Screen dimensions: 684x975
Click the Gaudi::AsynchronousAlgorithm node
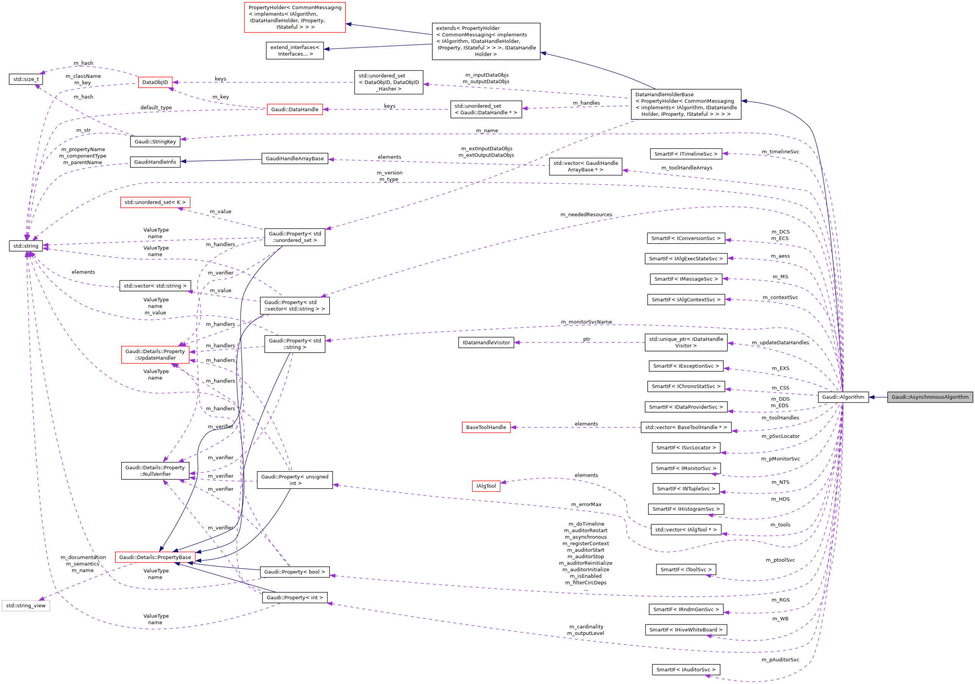[930, 397]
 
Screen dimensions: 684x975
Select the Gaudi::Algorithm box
[843, 397]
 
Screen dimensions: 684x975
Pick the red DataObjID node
[155, 82]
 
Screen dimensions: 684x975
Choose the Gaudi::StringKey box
[155, 142]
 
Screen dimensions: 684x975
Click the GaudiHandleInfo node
[155, 162]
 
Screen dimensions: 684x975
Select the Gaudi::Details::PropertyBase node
[155, 557]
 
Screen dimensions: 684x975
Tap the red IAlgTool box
[486, 486]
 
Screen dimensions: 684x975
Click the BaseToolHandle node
[486, 427]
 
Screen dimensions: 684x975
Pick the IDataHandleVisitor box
[486, 342]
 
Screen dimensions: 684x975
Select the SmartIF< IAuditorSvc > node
[685, 669]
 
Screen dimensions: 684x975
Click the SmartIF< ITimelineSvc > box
[685, 154]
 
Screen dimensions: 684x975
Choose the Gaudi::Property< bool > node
[294, 572]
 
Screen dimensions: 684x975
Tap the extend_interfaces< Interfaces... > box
[295, 51]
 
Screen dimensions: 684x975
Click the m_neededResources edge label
[586, 215]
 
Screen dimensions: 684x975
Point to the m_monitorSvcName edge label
[586, 322]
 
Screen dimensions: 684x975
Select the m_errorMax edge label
[586, 505]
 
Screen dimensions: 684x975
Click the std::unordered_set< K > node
[155, 202]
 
